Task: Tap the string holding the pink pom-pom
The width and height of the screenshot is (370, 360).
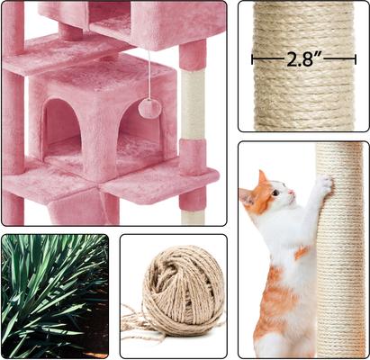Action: (x=149, y=76)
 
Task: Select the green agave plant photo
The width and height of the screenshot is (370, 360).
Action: (x=54, y=295)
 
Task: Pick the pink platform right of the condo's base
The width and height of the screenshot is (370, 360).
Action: (x=167, y=180)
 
